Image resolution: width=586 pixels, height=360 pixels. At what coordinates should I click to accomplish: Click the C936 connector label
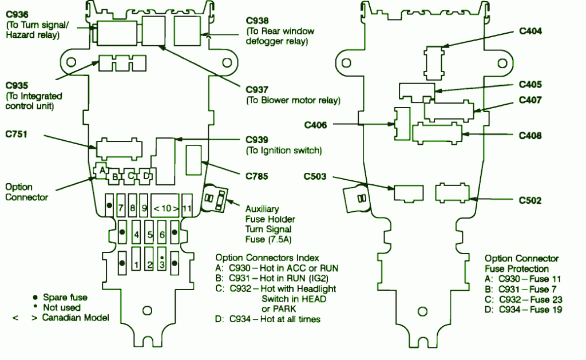point(17,13)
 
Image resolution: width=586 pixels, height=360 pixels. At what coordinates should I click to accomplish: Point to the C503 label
point(315,176)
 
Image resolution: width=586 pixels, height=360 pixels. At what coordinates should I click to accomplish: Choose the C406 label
point(315,124)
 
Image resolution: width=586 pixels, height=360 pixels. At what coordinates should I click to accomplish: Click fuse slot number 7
point(121,209)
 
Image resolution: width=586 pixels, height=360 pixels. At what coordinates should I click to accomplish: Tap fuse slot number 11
point(186,209)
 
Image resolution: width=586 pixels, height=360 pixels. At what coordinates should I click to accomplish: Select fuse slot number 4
point(136,235)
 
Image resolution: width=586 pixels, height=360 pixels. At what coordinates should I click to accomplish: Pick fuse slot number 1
point(136,264)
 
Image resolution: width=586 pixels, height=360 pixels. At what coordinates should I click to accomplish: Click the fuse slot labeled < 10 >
point(165,209)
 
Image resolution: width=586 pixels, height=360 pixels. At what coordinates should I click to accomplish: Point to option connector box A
point(101,170)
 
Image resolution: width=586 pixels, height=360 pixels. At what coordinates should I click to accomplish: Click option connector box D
point(146,176)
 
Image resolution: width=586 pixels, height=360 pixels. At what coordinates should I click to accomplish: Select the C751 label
point(17,134)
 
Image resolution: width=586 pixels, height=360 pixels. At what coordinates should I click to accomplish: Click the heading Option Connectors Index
point(267,258)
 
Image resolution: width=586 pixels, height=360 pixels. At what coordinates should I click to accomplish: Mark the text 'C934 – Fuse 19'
point(529,310)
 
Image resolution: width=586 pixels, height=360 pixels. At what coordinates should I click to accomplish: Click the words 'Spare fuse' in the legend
point(65,298)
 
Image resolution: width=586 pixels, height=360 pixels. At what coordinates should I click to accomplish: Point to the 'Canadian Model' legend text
point(75,318)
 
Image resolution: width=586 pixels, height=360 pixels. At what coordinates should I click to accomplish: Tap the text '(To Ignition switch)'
point(284,151)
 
